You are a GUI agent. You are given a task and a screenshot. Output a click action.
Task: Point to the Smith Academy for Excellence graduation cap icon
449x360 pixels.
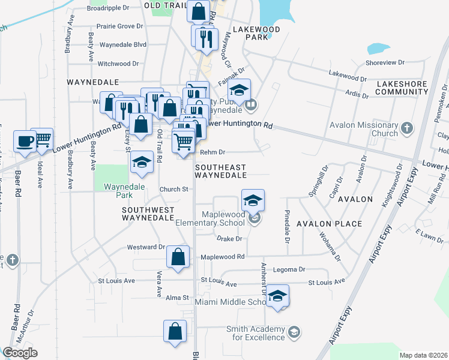click(294, 332)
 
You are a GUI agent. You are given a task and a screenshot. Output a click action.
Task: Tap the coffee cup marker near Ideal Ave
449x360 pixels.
click(24, 140)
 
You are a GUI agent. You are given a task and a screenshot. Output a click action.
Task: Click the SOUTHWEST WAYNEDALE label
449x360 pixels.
click(148, 214)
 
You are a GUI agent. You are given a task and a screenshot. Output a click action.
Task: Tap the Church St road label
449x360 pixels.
click(174, 189)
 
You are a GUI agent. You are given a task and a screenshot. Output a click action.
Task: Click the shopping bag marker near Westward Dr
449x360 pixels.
click(178, 256)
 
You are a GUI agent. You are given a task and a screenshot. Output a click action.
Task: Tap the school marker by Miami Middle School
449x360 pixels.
click(277, 296)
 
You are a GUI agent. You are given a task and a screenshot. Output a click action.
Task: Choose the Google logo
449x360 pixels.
click(20, 353)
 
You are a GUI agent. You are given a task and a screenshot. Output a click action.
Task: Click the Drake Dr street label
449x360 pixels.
click(229, 238)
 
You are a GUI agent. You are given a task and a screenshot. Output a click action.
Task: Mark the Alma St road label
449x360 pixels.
click(177, 298)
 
